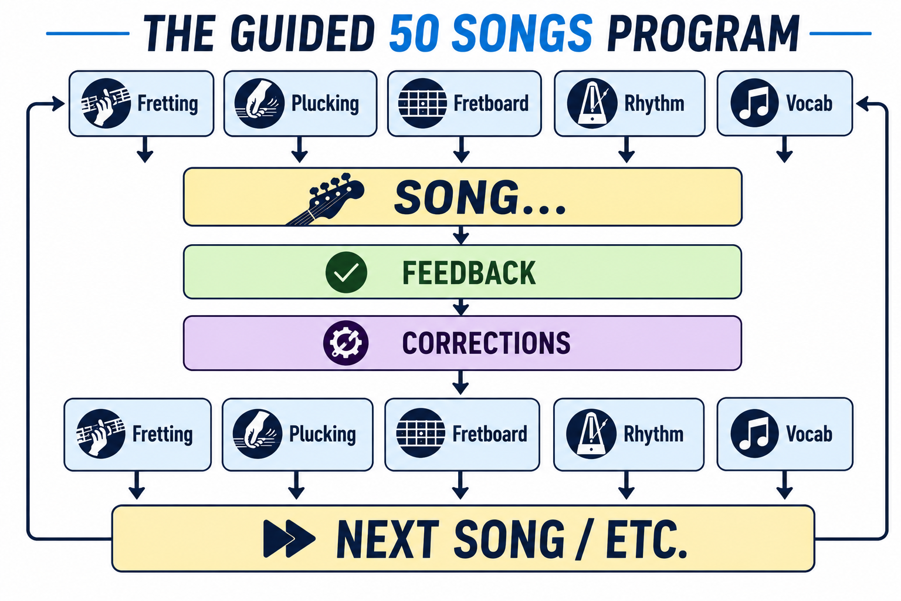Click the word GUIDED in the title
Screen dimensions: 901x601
(x=303, y=34)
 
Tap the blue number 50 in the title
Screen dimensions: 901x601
(x=414, y=34)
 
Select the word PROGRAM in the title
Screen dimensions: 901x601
(x=703, y=34)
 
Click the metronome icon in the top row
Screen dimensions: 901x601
(x=592, y=103)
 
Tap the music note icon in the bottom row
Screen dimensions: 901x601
(x=754, y=434)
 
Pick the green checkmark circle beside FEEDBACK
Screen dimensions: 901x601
(x=346, y=272)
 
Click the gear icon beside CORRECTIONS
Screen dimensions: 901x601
(x=346, y=343)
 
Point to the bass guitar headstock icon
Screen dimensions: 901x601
(x=326, y=198)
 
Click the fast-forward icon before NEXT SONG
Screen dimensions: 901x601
(x=289, y=539)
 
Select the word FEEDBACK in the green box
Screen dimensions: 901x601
(x=469, y=273)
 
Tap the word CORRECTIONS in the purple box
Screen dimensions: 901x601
(x=486, y=343)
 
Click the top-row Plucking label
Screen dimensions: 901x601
(x=325, y=103)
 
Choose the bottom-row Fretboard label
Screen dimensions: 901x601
(x=490, y=434)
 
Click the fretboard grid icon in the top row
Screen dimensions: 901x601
(x=422, y=103)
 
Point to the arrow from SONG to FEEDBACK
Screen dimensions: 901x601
(x=461, y=235)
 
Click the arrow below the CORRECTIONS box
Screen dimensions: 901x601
(x=460, y=383)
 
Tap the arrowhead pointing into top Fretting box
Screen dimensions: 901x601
(x=59, y=104)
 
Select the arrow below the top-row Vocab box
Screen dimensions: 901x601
(x=784, y=149)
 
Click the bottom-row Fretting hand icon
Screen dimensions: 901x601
(x=101, y=434)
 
